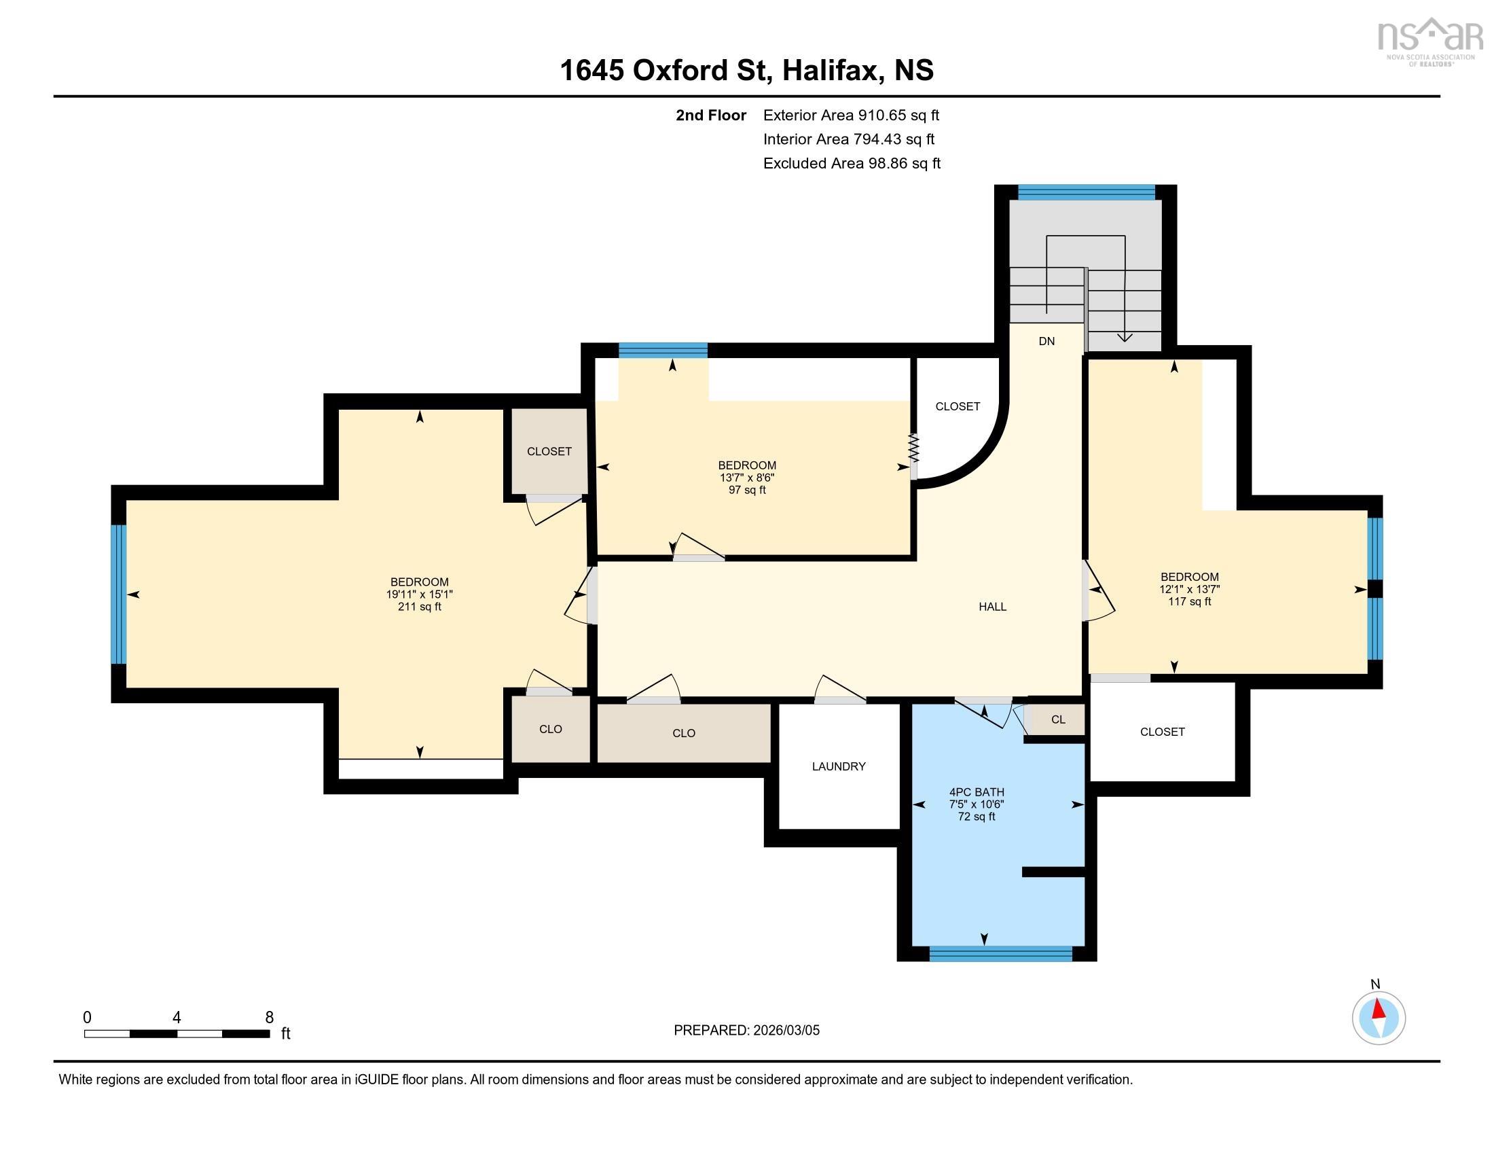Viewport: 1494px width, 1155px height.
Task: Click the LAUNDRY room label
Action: pos(839,766)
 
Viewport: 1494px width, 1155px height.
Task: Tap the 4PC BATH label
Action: pos(976,792)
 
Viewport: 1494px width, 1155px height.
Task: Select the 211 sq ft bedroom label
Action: pos(419,594)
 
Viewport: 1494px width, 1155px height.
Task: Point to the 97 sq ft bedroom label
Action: pos(747,478)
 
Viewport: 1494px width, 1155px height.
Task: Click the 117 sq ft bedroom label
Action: pos(1190,588)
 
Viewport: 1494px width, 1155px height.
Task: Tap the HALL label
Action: pos(992,606)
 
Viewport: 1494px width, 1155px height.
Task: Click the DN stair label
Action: pos(1046,341)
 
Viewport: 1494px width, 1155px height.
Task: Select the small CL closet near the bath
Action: pos(1057,719)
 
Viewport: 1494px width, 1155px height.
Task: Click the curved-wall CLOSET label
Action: pos(958,406)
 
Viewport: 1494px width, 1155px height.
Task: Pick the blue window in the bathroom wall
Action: pos(1000,953)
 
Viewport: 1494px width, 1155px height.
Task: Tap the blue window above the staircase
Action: pos(1087,192)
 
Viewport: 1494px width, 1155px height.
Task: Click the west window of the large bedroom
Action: pos(119,594)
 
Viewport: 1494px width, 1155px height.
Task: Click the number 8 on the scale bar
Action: pos(270,1018)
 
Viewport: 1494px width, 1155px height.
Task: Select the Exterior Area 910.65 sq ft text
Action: pos(851,115)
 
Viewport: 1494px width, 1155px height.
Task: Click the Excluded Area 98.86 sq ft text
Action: pos(852,163)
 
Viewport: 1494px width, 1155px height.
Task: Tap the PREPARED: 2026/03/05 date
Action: pos(746,1030)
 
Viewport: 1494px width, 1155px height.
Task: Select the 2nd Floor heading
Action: pos(711,115)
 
